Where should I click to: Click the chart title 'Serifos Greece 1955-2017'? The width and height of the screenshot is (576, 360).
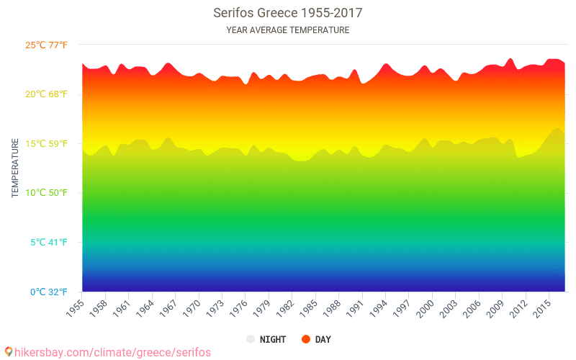click(287, 13)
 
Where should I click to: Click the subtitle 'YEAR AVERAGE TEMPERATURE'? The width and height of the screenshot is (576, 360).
click(287, 30)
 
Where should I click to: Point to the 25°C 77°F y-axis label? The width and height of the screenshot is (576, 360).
click(46, 45)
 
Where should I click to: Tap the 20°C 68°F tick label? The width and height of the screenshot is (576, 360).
click(46, 94)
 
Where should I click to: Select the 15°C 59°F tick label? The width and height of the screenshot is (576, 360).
click(46, 144)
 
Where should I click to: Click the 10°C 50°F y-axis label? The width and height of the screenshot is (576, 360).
click(46, 193)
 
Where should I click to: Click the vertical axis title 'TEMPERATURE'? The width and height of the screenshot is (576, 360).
click(15, 168)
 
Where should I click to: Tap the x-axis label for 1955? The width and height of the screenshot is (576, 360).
click(75, 307)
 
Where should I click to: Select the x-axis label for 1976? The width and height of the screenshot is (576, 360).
click(238, 307)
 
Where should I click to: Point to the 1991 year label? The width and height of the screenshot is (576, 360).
click(355, 307)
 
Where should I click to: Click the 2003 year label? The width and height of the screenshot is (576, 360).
click(449, 307)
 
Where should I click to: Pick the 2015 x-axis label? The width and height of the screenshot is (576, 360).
click(542, 307)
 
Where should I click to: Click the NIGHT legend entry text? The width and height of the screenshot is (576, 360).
click(274, 339)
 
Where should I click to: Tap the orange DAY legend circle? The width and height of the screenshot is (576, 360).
click(305, 339)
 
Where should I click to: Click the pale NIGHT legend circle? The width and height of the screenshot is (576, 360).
click(250, 339)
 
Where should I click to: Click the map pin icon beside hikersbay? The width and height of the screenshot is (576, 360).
click(8, 351)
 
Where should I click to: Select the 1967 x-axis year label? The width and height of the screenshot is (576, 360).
click(168, 307)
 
